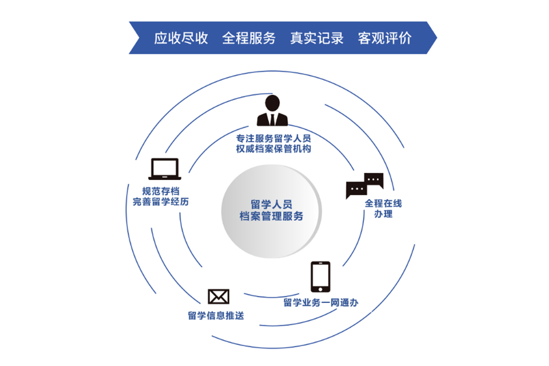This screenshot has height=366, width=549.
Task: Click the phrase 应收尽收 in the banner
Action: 181,38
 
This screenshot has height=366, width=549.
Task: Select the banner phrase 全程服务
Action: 249,38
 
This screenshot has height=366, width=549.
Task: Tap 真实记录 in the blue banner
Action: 317,38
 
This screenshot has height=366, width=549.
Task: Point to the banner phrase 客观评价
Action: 385,38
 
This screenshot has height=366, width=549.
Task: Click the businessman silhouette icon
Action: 272,110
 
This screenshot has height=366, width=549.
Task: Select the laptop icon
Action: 165,169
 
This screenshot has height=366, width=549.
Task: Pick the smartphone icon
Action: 320,277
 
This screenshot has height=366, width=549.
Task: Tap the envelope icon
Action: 219,297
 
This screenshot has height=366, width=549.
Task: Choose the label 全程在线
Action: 383,203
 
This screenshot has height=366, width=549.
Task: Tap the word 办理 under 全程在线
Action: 383,214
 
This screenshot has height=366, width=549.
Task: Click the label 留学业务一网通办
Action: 321,303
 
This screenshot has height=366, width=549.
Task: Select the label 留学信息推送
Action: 216,316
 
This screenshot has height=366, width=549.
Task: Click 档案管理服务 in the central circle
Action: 271,217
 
